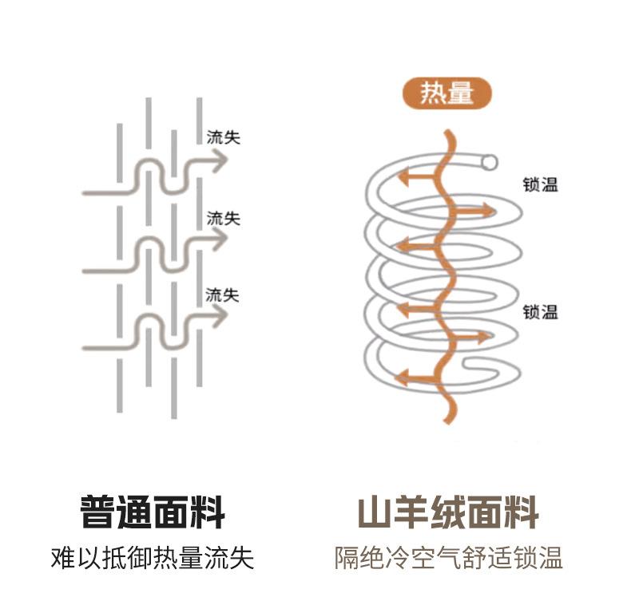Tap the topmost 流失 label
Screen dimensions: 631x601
pyautogui.click(x=223, y=136)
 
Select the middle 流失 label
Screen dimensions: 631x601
pyautogui.click(x=223, y=218)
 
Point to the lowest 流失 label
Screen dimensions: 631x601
pyautogui.click(x=222, y=295)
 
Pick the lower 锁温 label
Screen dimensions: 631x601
pyautogui.click(x=540, y=311)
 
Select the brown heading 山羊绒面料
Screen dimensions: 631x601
pyautogui.click(x=448, y=512)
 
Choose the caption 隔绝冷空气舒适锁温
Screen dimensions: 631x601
pyautogui.click(x=449, y=557)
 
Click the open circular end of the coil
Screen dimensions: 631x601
pyautogui.click(x=488, y=162)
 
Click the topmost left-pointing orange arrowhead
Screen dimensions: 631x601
pyautogui.click(x=404, y=177)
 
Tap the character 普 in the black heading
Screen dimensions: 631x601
pyautogui.click(x=97, y=512)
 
